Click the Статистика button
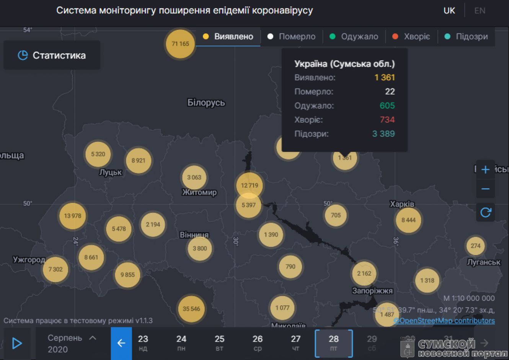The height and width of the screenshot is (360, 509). (52, 55)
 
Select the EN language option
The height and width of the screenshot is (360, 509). (480, 11)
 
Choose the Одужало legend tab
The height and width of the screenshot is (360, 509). (354, 37)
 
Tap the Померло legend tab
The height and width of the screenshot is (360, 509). (292, 37)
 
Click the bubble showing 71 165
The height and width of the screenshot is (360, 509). (180, 44)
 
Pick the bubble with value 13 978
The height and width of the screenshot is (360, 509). (73, 216)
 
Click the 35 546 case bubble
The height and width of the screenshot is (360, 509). (191, 309)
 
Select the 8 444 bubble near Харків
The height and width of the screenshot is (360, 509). (408, 220)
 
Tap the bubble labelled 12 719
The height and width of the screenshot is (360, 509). (250, 186)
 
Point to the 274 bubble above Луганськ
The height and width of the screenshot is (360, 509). (475, 246)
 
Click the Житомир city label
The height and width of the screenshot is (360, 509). (199, 192)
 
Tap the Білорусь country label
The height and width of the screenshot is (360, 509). (206, 103)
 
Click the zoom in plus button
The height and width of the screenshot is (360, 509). (485, 169)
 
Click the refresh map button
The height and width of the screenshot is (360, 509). (485, 212)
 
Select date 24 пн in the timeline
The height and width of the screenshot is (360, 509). (181, 343)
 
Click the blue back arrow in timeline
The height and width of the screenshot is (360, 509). (121, 343)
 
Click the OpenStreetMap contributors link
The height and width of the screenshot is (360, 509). (444, 321)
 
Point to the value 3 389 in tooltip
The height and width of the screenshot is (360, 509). (383, 134)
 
